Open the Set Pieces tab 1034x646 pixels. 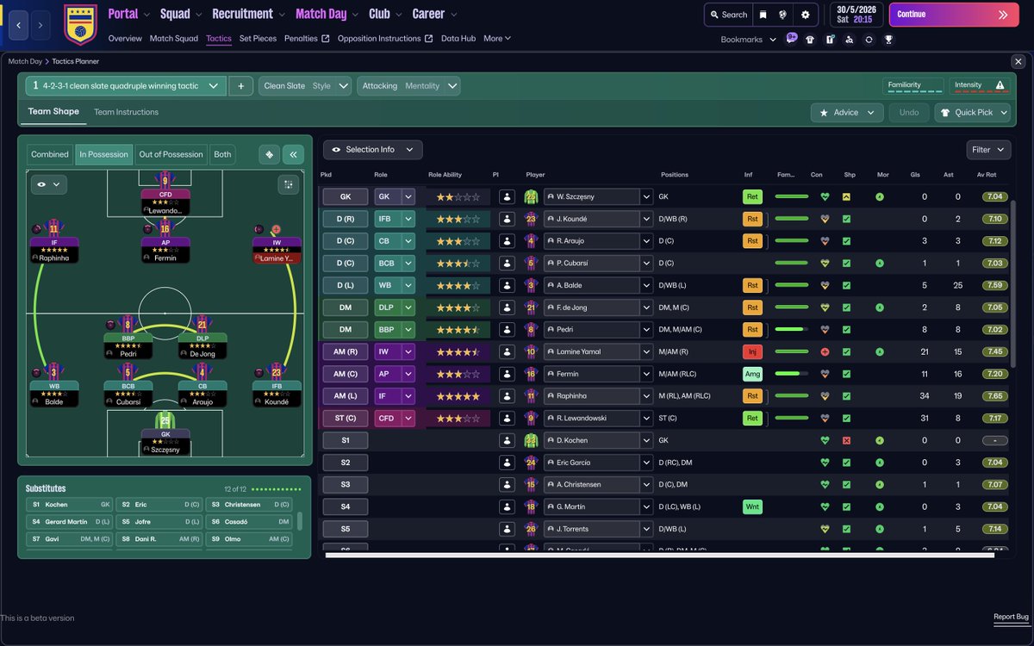tap(258, 39)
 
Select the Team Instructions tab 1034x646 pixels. tap(126, 112)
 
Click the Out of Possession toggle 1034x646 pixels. tap(171, 154)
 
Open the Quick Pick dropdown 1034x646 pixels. tap(972, 112)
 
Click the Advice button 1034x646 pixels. tap(847, 112)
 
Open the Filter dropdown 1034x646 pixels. tap(987, 150)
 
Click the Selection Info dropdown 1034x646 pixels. tap(372, 150)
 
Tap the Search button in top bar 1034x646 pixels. tap(727, 15)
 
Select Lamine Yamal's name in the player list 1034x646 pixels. tap(593, 351)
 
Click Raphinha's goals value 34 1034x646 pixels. tap(924, 396)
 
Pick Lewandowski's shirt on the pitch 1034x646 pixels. tap(165, 181)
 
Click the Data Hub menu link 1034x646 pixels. tap(458, 39)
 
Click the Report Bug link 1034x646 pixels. tap(1011, 617)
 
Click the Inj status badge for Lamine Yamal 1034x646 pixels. tap(752, 351)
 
